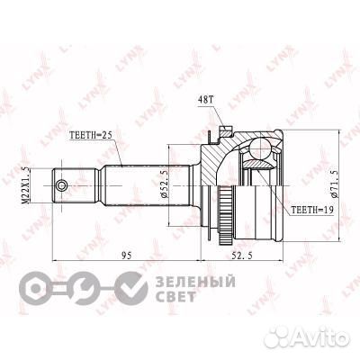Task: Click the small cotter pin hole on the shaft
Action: (61, 186)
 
